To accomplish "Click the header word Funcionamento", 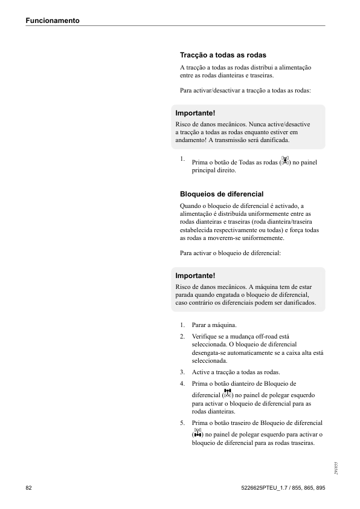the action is pos(53,21).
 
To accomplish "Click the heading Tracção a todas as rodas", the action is pos(223,55).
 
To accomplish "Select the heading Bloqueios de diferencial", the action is pos(222,194).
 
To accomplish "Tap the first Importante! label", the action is pos(195,113).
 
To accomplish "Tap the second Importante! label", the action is pos(195,276).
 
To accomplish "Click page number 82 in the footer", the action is pos(28,487).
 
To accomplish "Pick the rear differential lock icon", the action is pos(197,433).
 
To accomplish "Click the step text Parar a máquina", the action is pos(214,325).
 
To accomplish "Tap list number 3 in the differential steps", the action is pos(182,372).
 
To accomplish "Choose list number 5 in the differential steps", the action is pos(182,423).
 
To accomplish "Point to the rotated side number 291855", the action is pos(335,467).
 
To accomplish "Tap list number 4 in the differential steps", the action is pos(182,383).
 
